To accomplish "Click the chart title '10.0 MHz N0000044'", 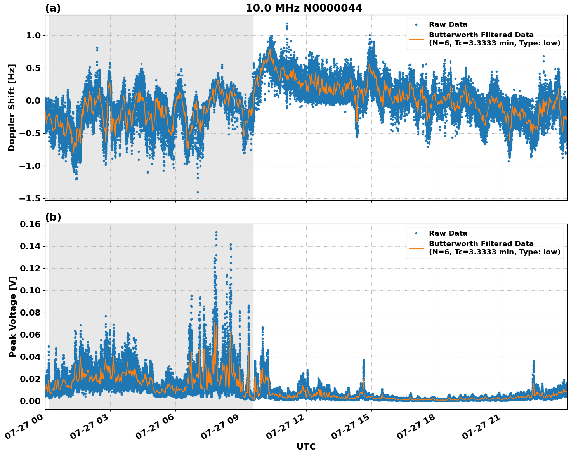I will (x=304, y=8).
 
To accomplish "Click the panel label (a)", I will (x=53, y=8).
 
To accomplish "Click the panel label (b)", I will (x=53, y=217).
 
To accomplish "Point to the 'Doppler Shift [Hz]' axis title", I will (x=12, y=108).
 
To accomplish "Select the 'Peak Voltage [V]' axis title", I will (x=13, y=316).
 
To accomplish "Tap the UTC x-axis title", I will (x=306, y=446).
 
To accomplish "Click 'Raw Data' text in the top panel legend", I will (x=448, y=24).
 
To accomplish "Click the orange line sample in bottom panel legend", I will (x=416, y=248).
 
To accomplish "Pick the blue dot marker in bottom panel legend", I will (x=416, y=233).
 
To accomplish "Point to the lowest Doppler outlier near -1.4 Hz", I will (x=198, y=192).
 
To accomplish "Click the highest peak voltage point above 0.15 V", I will (x=216, y=233).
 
